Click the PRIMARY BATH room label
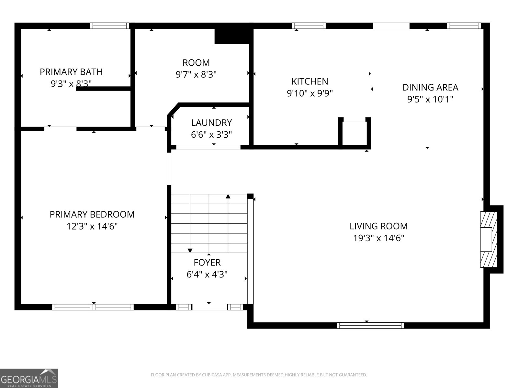tap(71, 72)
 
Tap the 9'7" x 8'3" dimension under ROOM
tap(196, 75)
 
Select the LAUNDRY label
tap(211, 123)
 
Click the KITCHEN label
tap(310, 81)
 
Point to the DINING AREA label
tap(430, 87)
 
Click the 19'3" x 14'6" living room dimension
tap(378, 238)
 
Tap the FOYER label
tap(207, 263)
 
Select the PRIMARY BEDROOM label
tap(92, 214)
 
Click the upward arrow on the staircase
tap(228, 197)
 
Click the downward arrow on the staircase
tap(190, 250)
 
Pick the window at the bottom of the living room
tap(370, 325)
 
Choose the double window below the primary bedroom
tap(93, 307)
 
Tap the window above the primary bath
tap(109, 26)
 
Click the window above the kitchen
tap(309, 26)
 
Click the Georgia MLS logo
tap(29, 378)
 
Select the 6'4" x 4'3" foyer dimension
tap(207, 275)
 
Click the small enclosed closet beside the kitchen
tap(355, 133)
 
